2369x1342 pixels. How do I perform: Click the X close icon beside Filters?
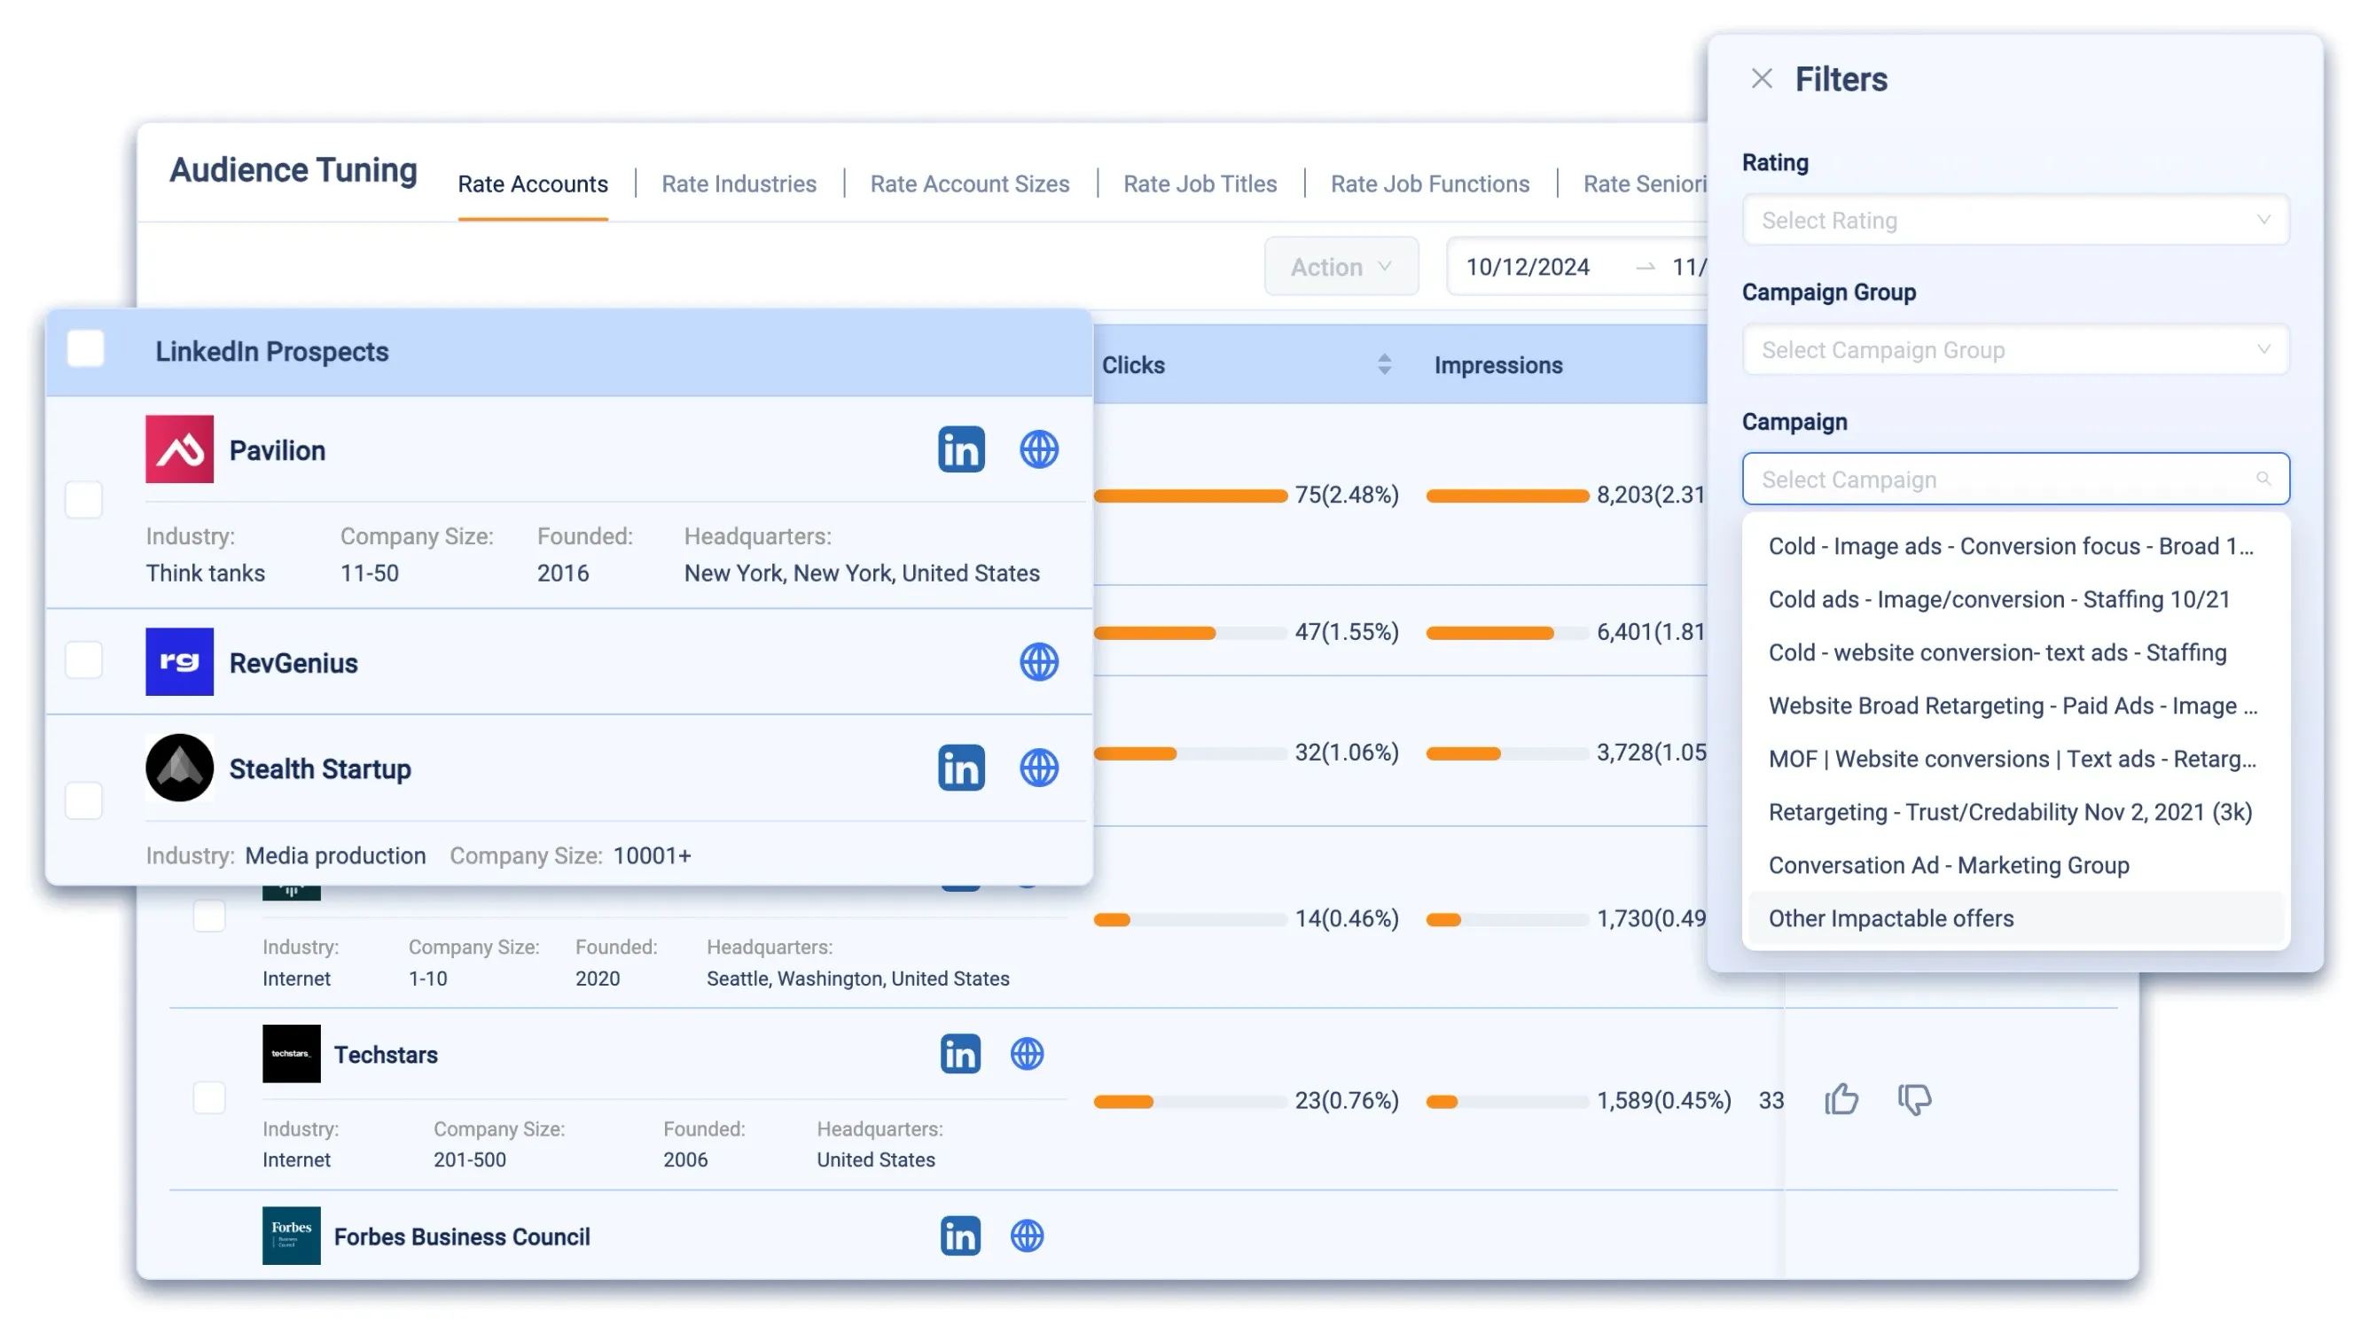[x=1761, y=79]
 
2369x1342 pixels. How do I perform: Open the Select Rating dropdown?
[x=2014, y=221]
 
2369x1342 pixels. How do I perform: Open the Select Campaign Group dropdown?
[x=2014, y=350]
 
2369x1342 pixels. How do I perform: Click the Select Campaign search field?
[x=2014, y=480]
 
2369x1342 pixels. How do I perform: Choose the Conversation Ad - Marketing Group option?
[x=1948, y=865]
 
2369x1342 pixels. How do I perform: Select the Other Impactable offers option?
[x=1889, y=919]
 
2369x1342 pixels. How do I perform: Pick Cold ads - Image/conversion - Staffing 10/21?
[x=1998, y=600]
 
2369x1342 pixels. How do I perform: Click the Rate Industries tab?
[x=739, y=184]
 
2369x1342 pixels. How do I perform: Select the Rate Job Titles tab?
[x=1200, y=184]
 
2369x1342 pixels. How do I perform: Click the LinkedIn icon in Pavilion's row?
[x=960, y=449]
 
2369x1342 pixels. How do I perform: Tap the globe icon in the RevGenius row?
[x=1038, y=663]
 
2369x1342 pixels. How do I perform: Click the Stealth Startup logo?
[x=179, y=768]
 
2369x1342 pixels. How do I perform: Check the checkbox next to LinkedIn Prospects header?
[x=86, y=350]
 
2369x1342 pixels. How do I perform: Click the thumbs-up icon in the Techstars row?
[x=1841, y=1100]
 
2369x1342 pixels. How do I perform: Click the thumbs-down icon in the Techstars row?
[x=1913, y=1100]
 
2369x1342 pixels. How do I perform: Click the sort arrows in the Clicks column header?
[x=1384, y=365]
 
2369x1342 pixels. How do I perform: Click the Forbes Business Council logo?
[x=292, y=1236]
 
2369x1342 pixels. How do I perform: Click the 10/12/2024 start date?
[x=1528, y=268]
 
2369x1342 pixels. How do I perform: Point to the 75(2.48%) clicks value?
[x=1346, y=495]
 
